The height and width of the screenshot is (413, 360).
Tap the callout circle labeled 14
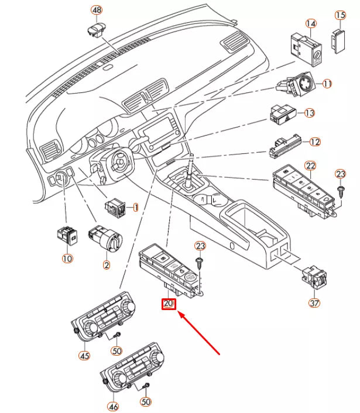coord(310,23)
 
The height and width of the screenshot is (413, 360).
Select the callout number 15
coord(340,15)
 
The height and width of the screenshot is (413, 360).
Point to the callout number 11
coord(327,84)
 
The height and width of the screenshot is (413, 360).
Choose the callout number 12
coord(315,142)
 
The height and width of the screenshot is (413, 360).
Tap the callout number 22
coord(310,167)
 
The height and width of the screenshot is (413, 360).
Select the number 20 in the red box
coord(169,304)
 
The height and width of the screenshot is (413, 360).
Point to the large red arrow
coord(199,334)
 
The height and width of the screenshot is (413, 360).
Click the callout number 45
coord(85,355)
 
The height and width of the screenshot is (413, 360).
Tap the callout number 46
coord(112,405)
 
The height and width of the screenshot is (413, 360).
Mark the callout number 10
coord(67,258)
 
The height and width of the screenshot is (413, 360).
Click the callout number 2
coord(106,265)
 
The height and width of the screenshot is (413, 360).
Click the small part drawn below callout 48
coord(95,29)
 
